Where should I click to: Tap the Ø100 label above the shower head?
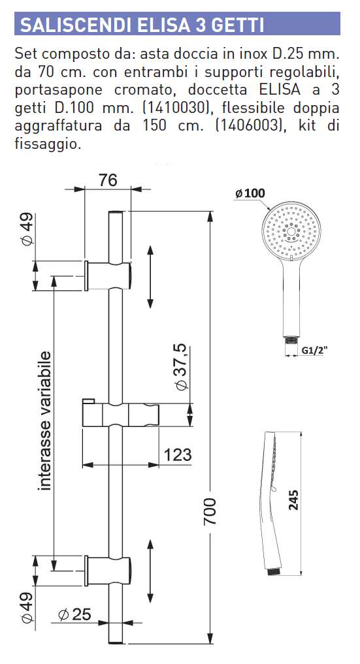[249, 193]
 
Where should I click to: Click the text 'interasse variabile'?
[45, 420]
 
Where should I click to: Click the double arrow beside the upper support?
[151, 276]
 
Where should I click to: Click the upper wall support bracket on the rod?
[109, 274]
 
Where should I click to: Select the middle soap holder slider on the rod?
[120, 413]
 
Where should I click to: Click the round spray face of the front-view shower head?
[291, 234]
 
